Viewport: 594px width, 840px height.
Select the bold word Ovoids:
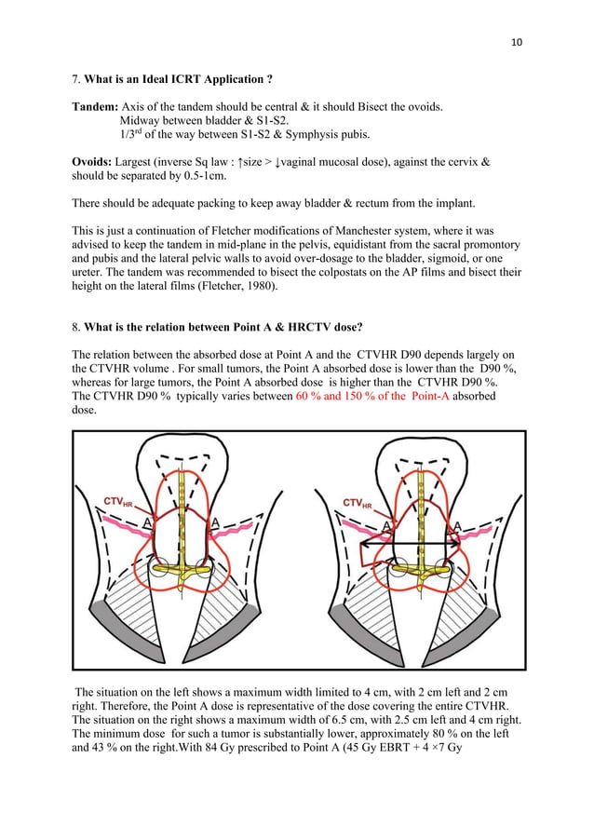[x=95, y=162]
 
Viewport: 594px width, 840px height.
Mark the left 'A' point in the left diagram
[x=148, y=524]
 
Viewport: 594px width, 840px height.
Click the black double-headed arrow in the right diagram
[x=410, y=542]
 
